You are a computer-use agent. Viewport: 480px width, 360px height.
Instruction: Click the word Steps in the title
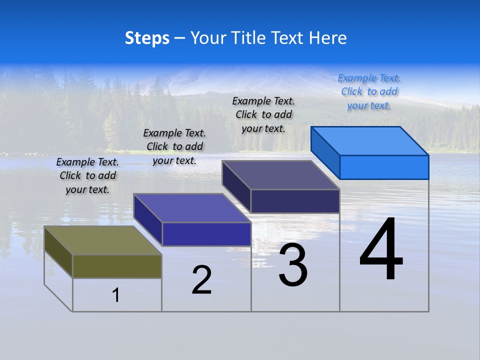click(x=147, y=38)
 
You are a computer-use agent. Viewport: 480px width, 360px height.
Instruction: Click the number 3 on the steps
click(x=293, y=265)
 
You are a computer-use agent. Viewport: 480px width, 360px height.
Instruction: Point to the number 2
click(x=202, y=280)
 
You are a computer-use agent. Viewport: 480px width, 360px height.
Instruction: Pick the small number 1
click(x=116, y=295)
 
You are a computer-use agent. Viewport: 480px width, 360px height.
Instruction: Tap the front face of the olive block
click(x=117, y=266)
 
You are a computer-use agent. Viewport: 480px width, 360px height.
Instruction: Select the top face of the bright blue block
click(x=370, y=141)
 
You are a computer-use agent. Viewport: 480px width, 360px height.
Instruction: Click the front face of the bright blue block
click(x=384, y=167)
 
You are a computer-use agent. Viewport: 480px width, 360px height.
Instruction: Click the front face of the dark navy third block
click(x=295, y=201)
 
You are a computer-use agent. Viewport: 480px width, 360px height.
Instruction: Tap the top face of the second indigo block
click(x=192, y=208)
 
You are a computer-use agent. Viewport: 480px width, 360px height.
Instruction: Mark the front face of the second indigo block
click(x=206, y=234)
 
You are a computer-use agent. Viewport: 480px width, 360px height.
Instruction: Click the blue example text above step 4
click(x=369, y=92)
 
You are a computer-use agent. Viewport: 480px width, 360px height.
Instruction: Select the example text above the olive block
click(x=87, y=175)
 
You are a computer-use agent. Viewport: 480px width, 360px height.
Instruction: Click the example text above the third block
click(x=263, y=114)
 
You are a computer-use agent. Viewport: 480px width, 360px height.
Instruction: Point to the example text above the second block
click(x=174, y=146)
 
